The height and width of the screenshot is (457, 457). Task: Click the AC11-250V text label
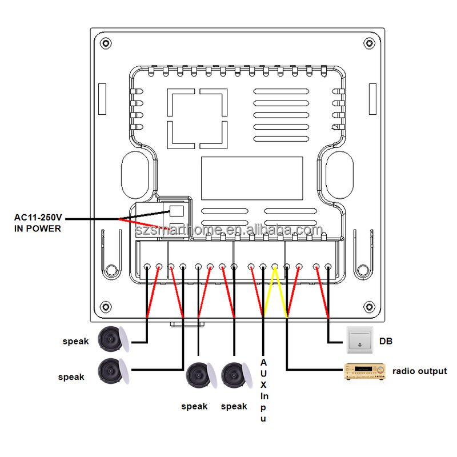(38, 218)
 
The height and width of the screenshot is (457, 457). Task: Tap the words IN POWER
(38, 228)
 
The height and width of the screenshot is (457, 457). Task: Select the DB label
(386, 342)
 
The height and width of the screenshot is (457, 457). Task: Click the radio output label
(419, 371)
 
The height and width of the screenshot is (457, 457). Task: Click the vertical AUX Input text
(263, 391)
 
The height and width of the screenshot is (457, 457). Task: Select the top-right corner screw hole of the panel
(370, 44)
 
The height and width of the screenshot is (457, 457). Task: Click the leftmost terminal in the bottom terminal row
(147, 267)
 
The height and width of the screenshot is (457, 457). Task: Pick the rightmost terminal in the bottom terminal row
(328, 267)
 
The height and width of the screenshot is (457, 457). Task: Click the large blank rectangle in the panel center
(252, 178)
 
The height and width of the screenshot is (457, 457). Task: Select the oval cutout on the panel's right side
(337, 171)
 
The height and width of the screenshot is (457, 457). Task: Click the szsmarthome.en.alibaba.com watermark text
(229, 230)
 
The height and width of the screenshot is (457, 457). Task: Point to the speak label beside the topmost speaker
(75, 342)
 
